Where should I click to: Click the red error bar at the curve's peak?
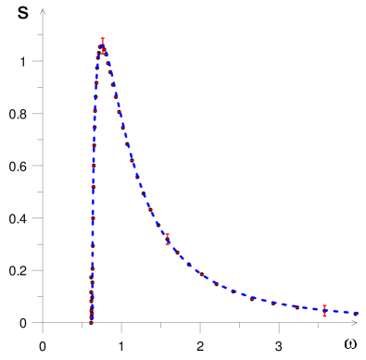[102, 45]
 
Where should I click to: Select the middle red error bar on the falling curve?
[167, 239]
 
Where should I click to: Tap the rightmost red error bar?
[324, 311]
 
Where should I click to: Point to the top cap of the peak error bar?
[102, 40]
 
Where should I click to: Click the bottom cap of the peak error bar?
[102, 52]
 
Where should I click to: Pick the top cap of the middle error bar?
[167, 234]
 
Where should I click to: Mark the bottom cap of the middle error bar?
[167, 244]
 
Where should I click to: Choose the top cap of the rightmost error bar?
[324, 305]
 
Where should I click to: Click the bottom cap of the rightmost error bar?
[324, 317]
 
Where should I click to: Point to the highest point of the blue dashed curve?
[103, 49]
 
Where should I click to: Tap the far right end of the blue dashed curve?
[360, 313]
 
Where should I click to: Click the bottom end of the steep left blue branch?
[91, 321]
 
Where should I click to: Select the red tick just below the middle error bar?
[175, 251]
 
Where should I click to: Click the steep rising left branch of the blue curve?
[93, 185]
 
